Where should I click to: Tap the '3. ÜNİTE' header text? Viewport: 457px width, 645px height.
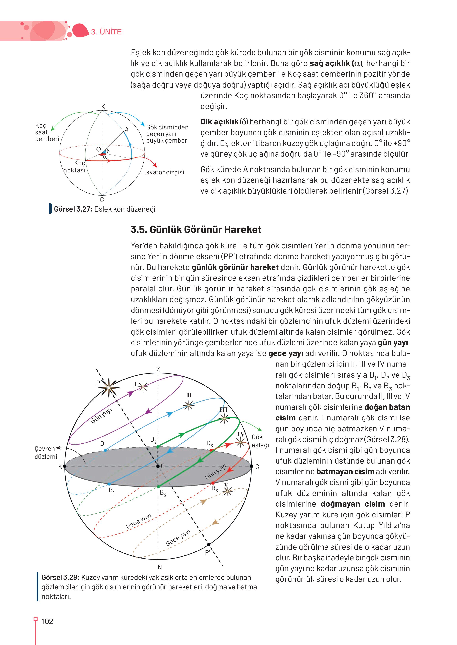point(106,32)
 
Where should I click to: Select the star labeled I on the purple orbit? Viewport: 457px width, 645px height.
point(143,387)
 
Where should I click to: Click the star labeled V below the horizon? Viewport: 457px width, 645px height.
point(227,491)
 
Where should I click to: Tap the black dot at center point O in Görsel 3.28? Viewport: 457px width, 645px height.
point(158,466)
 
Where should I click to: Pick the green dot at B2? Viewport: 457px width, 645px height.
point(158,486)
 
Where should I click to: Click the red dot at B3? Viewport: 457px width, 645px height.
point(213,483)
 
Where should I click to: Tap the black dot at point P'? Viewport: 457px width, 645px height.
point(208,544)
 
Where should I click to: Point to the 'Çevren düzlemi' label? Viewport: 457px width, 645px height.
point(45,453)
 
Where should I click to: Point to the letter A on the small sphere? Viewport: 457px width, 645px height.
point(127,129)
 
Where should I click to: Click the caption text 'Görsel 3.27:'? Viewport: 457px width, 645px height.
point(73,209)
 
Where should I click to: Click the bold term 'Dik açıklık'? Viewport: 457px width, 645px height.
point(219,122)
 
